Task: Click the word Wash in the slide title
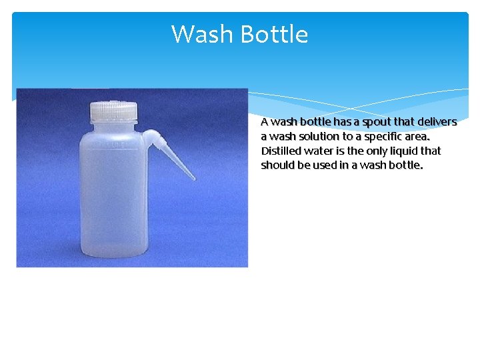tap(202, 34)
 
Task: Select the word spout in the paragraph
tap(375, 122)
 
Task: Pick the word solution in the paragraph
tap(313, 137)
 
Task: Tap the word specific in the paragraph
tap(382, 137)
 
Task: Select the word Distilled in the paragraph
tap(281, 151)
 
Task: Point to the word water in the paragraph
tap(319, 151)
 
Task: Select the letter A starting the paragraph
tap(265, 122)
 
